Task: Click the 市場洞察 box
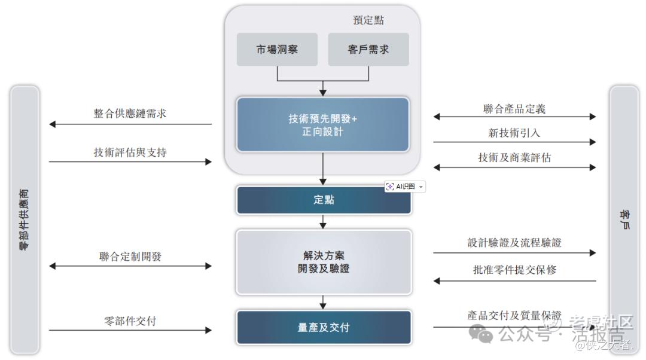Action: click(x=277, y=50)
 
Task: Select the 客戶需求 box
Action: click(x=368, y=50)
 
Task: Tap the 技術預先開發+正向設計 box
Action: click(x=323, y=124)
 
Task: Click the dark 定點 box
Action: click(x=324, y=200)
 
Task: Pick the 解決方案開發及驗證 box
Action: click(x=324, y=262)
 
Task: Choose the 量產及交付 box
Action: click(x=324, y=327)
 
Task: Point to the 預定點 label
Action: click(x=368, y=20)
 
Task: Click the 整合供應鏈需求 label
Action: click(x=130, y=114)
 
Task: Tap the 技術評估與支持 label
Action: click(x=130, y=152)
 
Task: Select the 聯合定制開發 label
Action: click(x=130, y=257)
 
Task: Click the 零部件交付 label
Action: click(x=130, y=321)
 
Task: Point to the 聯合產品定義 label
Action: click(x=514, y=109)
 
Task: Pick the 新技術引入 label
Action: click(x=514, y=133)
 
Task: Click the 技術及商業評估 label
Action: click(x=514, y=158)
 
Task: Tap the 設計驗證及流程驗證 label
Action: click(x=514, y=243)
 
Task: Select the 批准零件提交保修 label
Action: click(x=514, y=270)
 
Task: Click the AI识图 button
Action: click(x=405, y=187)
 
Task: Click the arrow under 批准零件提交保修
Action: click(x=514, y=280)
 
